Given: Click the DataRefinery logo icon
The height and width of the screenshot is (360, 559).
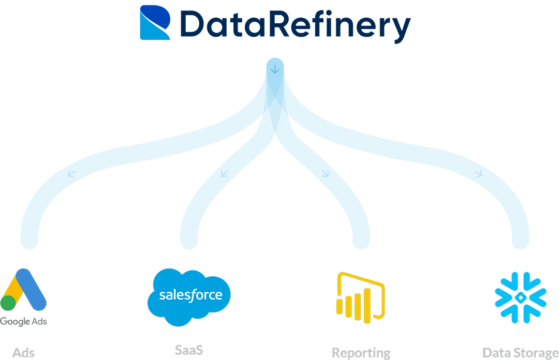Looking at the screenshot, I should tap(154, 22).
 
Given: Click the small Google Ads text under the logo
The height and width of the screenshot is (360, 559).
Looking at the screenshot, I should tap(23, 322).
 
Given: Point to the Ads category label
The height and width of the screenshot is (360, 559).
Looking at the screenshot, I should tap(24, 353).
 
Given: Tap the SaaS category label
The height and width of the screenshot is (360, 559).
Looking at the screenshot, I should tap(189, 350).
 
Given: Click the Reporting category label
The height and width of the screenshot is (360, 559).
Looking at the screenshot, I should tap(361, 353).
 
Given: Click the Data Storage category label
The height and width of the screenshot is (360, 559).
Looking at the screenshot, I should tap(520, 353).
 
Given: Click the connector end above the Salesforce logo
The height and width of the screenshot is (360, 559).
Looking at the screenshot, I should tap(189, 239).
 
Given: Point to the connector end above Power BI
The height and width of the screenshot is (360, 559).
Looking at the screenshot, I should tap(361, 239).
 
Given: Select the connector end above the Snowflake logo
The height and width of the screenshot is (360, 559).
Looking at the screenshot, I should tap(520, 239).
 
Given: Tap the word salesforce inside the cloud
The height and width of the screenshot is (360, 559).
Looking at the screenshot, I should tap(190, 295).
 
